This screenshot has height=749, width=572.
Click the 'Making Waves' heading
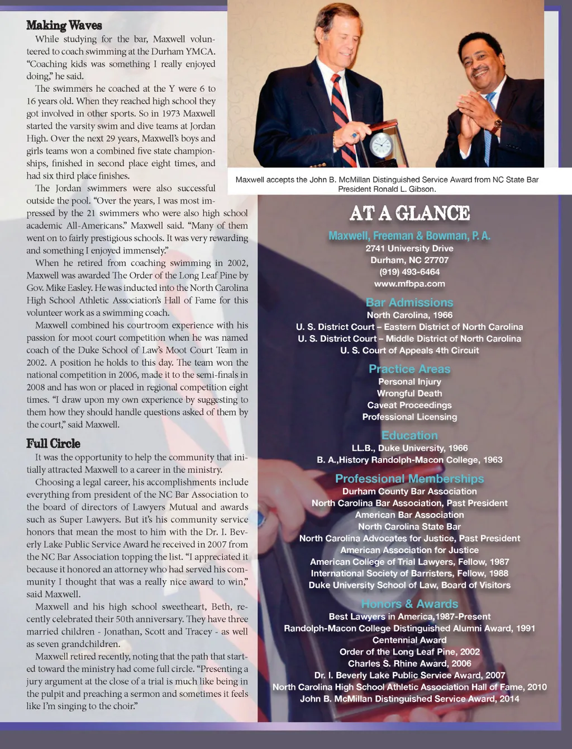click(x=64, y=25)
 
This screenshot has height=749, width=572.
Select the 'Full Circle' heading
click(x=53, y=444)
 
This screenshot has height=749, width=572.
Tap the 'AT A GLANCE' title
click(x=409, y=213)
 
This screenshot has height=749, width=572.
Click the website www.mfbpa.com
click(x=409, y=284)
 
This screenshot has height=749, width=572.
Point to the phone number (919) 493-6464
click(x=409, y=272)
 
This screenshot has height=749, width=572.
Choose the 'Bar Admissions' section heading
click(x=409, y=303)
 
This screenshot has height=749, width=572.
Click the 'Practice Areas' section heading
click(x=409, y=369)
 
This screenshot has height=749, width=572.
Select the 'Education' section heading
click(x=409, y=435)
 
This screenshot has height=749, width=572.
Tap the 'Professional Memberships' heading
click(x=409, y=479)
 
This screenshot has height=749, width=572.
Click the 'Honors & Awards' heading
click(x=409, y=604)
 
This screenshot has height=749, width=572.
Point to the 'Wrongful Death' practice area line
click(x=409, y=393)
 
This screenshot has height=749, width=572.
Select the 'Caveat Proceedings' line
click(x=409, y=405)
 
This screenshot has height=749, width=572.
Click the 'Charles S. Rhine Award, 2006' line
click(x=409, y=663)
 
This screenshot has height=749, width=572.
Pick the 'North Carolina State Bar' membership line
click(x=409, y=526)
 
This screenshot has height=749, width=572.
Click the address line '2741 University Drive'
click(x=409, y=248)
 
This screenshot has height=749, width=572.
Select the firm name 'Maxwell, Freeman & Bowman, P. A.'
click(x=409, y=236)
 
